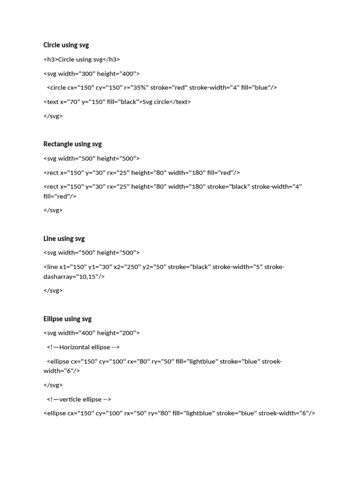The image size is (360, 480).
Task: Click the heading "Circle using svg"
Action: [x=66, y=45]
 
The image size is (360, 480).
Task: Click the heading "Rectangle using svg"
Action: [x=72, y=144]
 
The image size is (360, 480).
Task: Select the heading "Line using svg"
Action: [x=64, y=239]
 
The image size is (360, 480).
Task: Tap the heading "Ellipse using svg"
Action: [x=67, y=319]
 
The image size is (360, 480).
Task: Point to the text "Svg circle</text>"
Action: [x=166, y=102]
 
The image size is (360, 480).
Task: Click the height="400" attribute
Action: [x=118, y=74]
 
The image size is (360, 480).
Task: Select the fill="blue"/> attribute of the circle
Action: [x=259, y=88]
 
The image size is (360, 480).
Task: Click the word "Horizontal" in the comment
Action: [x=75, y=347]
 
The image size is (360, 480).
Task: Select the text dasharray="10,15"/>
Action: [x=74, y=277]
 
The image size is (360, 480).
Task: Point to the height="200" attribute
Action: [x=118, y=333]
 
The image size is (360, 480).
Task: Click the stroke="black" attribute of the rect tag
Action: [x=229, y=187]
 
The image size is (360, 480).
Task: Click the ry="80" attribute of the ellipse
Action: [x=159, y=413]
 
